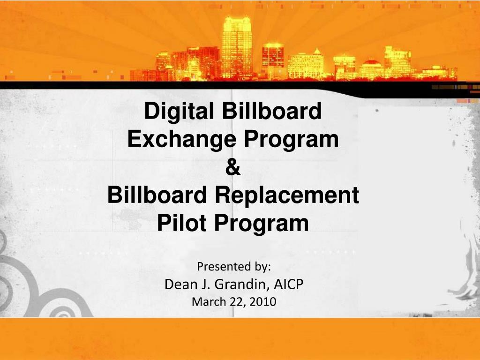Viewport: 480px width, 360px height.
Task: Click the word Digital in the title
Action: click(x=179, y=111)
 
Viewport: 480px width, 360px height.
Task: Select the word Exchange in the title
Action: click(x=182, y=139)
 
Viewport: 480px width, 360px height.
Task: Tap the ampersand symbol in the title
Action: click(x=233, y=167)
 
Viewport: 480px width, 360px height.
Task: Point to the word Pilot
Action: click(x=182, y=223)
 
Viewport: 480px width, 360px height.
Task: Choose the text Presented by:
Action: click(x=234, y=267)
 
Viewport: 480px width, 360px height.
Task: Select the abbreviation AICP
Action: click(x=288, y=285)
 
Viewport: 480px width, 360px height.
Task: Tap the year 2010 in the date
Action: click(x=262, y=302)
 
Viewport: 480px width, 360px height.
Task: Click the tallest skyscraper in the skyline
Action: click(x=237, y=47)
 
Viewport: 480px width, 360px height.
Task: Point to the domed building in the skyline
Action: click(x=371, y=69)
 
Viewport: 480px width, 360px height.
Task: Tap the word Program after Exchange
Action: click(x=291, y=140)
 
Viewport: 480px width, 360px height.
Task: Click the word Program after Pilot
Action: click(x=262, y=224)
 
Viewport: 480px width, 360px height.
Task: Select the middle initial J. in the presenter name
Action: click(x=206, y=285)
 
